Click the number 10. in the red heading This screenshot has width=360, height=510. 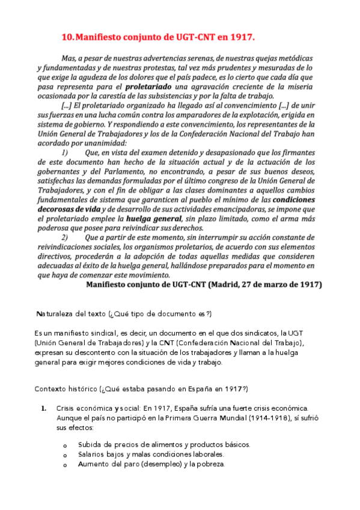click(69, 37)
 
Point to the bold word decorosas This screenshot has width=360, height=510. click(59, 208)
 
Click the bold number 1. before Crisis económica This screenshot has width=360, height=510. click(44, 408)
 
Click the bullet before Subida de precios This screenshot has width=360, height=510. click(65, 446)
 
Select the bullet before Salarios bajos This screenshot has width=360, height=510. click(65, 455)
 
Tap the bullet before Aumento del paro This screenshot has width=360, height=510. click(65, 464)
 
